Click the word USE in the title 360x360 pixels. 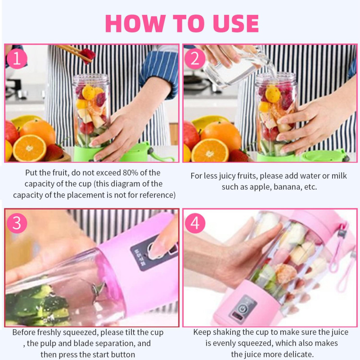pos(236,23)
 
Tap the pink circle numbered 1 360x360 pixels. pos(17,59)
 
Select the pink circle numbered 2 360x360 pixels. pos(195,59)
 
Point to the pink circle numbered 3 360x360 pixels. pos(17,223)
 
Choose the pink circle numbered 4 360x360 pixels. pos(195,223)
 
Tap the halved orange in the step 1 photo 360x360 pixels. pos(29,148)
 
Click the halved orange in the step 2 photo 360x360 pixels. pos(210,150)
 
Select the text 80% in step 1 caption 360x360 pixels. pos(130,173)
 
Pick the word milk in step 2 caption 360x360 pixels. pos(339,175)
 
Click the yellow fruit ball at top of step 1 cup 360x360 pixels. pos(89,92)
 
